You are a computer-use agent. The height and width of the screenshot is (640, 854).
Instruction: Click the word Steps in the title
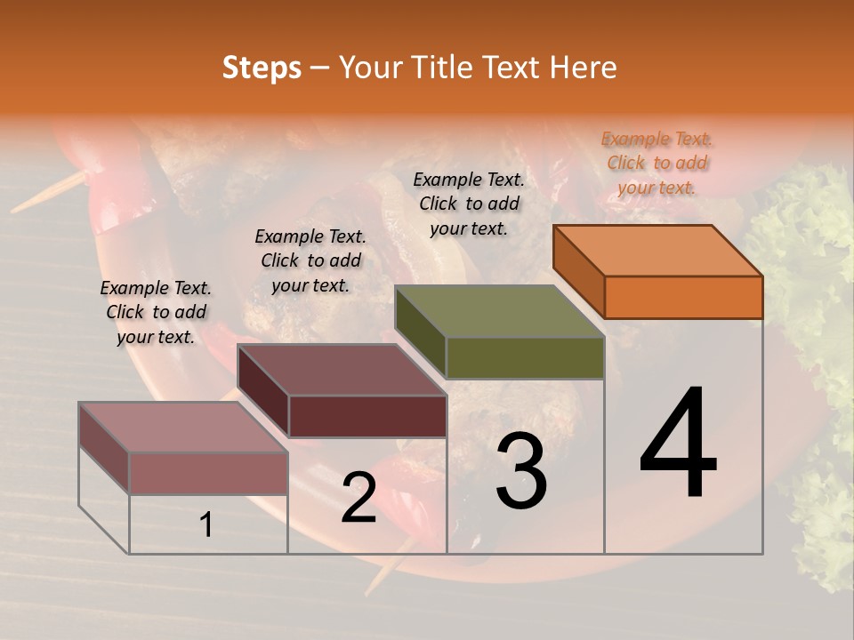pos(262,68)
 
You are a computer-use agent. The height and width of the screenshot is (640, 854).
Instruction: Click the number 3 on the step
pos(521,471)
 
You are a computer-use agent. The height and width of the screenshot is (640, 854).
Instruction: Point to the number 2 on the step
pos(359,499)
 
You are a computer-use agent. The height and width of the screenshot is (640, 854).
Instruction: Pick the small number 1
pos(206,525)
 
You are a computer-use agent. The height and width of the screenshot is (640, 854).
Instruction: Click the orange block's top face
pos(658,250)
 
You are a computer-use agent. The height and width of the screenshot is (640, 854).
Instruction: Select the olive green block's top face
pos(500,311)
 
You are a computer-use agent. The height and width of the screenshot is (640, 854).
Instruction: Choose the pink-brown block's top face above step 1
pos(183,428)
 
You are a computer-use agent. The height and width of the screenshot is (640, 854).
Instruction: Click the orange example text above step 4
pos(657,163)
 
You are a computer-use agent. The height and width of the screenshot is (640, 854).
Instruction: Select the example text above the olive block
pos(469,204)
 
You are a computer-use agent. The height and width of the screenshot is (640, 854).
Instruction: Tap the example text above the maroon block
pos(310,260)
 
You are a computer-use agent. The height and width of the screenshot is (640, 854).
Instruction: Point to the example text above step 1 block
pos(156,312)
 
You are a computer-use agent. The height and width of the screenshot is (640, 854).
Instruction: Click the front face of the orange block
pos(683,297)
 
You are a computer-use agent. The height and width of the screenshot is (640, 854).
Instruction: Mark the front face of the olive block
pos(525,358)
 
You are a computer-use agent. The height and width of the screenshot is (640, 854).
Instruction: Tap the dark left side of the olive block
pos(420,330)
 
